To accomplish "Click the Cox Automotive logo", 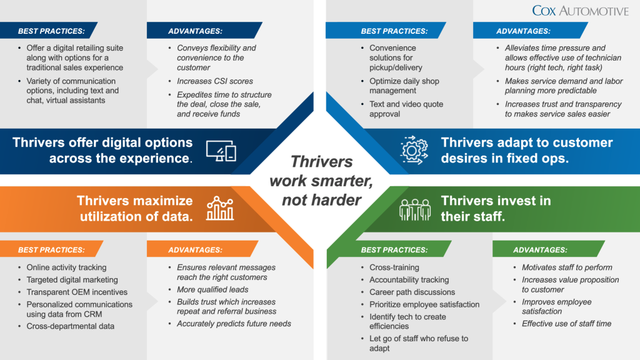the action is point(580,11).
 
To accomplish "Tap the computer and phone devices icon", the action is point(221,151).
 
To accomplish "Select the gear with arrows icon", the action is point(414,150).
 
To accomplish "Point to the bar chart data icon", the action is point(220,208).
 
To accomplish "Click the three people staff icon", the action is point(415,210).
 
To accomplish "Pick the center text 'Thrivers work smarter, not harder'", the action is point(321,181).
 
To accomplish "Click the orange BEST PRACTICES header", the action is point(51,250).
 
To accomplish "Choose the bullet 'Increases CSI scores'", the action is point(215,81).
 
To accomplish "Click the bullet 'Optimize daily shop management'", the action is point(404,86).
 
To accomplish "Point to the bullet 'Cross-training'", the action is point(394,267).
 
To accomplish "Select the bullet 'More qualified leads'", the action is point(212,289).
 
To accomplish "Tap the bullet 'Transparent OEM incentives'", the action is point(77,292).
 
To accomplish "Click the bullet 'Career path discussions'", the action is point(412,292).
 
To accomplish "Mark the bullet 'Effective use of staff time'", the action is point(566,324).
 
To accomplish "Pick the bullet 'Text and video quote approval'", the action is point(406,109).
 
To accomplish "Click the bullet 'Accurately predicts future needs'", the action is point(234,324).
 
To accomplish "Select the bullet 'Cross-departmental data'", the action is point(70,326).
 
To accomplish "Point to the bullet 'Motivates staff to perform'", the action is point(567,267).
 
